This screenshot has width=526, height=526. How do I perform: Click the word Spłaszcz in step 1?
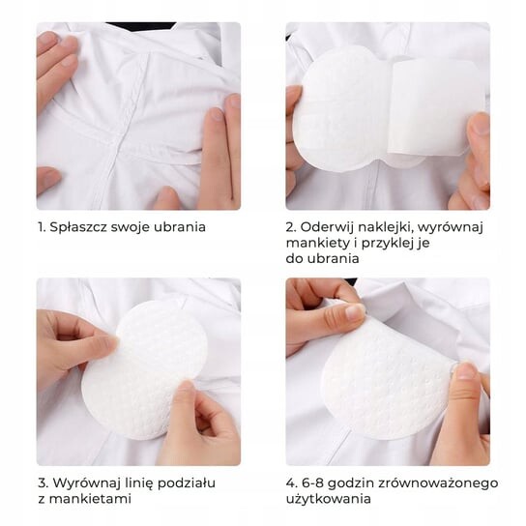(x=78, y=227)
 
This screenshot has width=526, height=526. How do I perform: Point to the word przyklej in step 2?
(x=387, y=244)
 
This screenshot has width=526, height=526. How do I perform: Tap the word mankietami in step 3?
(x=90, y=499)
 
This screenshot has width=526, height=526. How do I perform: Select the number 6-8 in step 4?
(x=312, y=483)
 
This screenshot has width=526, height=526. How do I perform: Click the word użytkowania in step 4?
(x=329, y=499)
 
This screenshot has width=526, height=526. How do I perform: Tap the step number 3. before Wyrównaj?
(x=44, y=483)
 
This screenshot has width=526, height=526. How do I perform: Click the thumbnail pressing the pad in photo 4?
(x=465, y=371)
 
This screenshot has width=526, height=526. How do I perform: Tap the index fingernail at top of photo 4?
(x=355, y=311)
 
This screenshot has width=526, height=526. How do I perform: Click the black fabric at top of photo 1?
(x=141, y=27)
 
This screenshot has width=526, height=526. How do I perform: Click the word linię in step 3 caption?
(x=139, y=483)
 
